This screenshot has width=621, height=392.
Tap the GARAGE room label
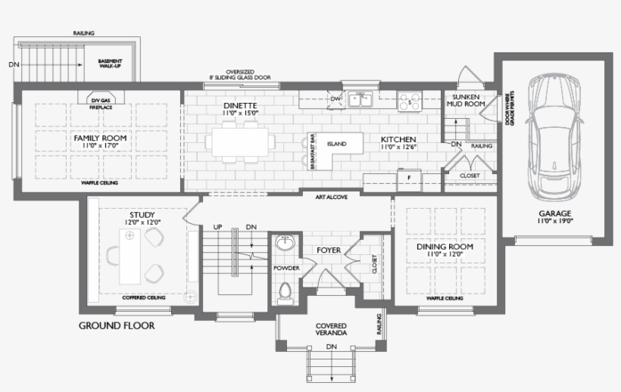pyautogui.click(x=555, y=213)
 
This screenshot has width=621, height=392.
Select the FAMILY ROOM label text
pyautogui.click(x=99, y=138)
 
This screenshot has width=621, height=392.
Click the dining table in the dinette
pyautogui.click(x=240, y=142)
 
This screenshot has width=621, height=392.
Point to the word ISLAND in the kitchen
pyautogui.click(x=336, y=144)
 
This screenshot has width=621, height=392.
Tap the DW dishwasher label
pyautogui.click(x=335, y=98)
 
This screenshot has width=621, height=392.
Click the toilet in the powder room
pyautogui.click(x=286, y=292)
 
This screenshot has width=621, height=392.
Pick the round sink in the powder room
pyautogui.click(x=285, y=244)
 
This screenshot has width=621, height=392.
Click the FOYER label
pyautogui.click(x=329, y=249)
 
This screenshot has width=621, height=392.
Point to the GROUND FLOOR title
pyautogui.click(x=117, y=326)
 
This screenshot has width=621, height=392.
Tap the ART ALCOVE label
pyautogui.click(x=331, y=196)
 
